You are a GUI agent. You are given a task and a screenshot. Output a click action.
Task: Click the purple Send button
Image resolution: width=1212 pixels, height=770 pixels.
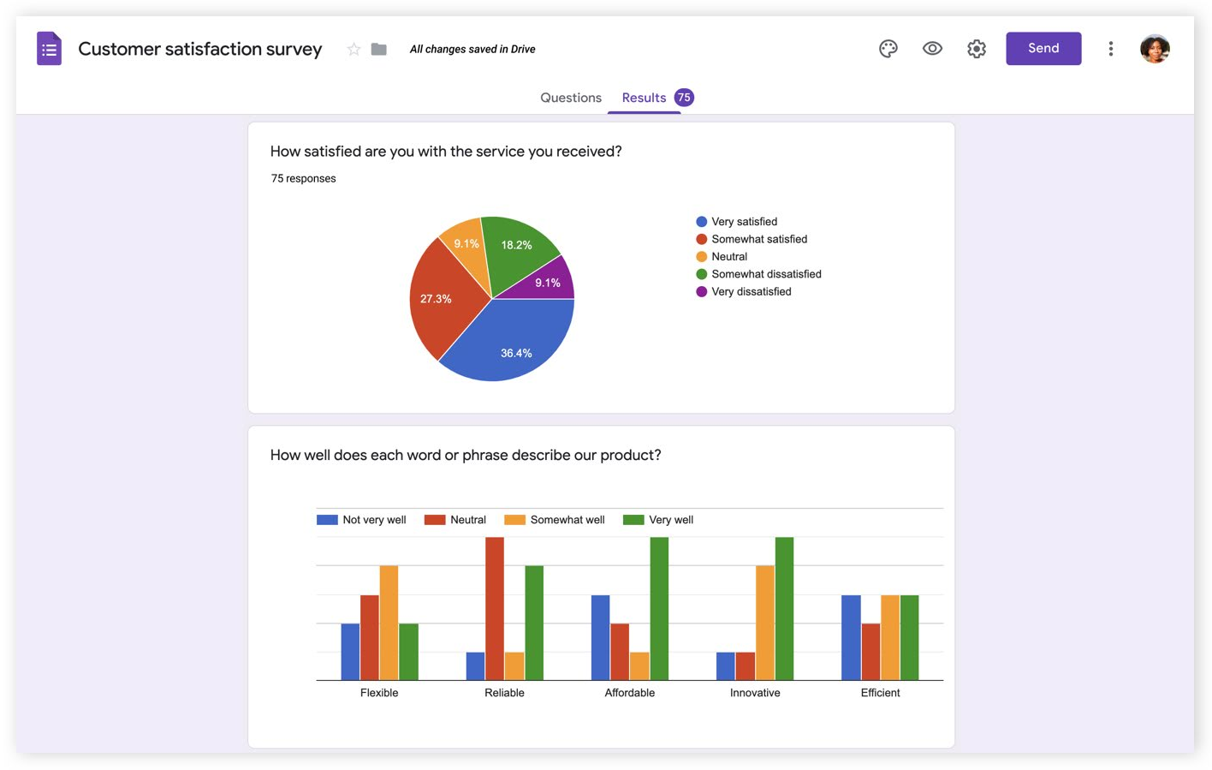point(1043,49)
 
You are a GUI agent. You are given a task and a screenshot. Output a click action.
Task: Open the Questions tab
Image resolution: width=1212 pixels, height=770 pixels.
point(570,98)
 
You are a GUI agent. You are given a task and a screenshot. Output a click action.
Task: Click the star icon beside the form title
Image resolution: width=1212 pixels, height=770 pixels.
point(353,50)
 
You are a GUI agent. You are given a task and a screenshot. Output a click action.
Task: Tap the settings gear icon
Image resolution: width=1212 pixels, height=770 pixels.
point(976,49)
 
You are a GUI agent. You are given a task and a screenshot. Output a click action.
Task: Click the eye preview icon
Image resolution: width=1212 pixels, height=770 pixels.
point(932,49)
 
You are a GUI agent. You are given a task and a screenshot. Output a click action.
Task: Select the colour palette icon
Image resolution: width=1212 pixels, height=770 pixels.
point(888,49)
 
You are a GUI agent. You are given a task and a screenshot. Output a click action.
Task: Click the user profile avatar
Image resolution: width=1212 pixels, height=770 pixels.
point(1154,49)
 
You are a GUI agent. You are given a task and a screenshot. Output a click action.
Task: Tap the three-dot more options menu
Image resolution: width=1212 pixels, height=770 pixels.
point(1110,49)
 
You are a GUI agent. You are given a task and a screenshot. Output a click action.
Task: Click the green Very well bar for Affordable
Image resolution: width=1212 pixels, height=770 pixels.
point(659,608)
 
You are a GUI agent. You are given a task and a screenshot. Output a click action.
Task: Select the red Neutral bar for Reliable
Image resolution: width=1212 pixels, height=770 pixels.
point(494,608)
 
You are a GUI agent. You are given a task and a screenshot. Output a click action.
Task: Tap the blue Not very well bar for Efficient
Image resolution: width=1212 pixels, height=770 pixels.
point(850,637)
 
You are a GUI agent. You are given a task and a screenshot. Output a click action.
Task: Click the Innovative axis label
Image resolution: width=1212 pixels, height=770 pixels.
point(754,693)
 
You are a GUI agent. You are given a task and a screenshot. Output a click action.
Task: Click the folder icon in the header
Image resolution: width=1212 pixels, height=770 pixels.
point(378,50)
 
